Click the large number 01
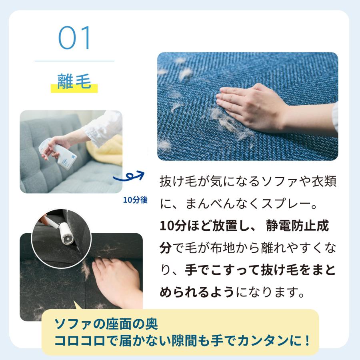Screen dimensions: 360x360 pos(75,39)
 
